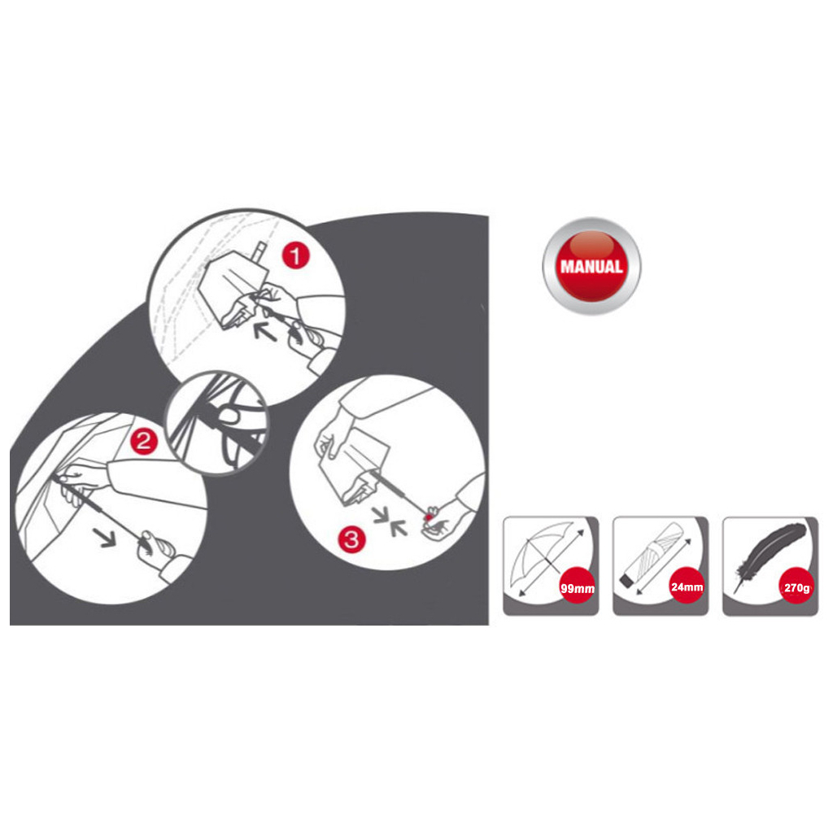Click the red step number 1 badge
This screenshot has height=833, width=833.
click(x=295, y=256)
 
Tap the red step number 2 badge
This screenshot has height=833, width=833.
click(x=144, y=441)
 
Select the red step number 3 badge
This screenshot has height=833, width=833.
click(x=351, y=539)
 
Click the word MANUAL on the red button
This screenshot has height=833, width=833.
click(x=591, y=266)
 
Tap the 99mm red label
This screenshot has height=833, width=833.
click(x=578, y=587)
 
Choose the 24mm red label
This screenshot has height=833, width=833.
click(x=687, y=586)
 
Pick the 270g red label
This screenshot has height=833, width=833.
click(x=797, y=587)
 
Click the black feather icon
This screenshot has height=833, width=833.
click(x=768, y=556)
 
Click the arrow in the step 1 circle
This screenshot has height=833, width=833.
click(x=264, y=331)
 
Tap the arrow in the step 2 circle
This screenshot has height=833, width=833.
click(x=105, y=537)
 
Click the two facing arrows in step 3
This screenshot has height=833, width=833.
click(x=390, y=521)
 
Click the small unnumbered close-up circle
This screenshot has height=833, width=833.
click(x=216, y=422)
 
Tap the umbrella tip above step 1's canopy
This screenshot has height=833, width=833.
click(x=260, y=251)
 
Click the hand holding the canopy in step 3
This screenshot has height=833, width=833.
click(x=330, y=436)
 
